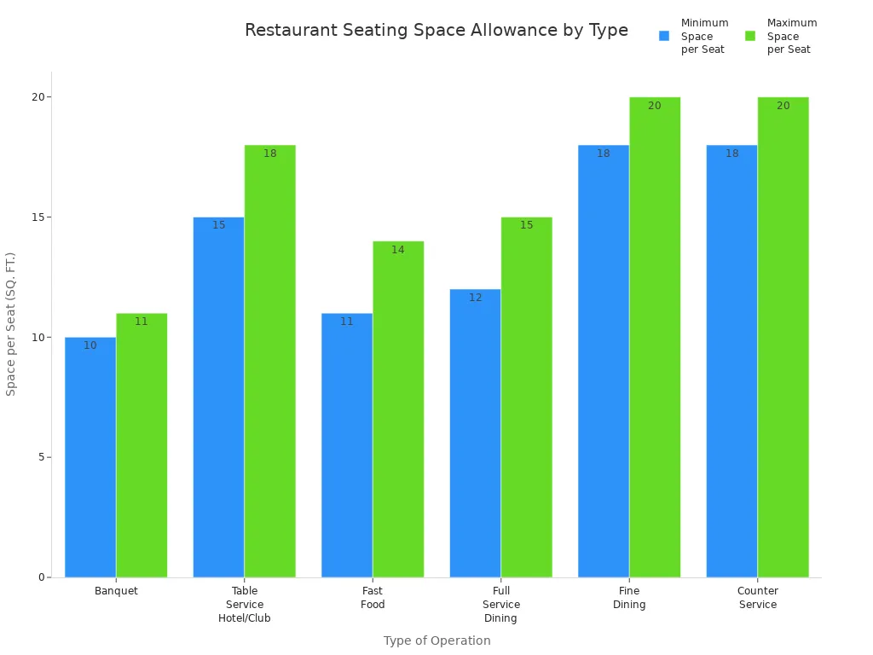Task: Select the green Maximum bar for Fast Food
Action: point(398,409)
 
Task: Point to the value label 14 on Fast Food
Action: point(398,250)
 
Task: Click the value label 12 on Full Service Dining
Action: point(475,298)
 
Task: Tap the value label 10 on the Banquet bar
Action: point(90,345)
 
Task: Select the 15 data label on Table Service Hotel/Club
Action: point(218,225)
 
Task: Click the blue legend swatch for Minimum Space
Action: point(664,36)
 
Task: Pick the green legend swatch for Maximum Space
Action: point(750,36)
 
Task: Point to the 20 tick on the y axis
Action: point(37,97)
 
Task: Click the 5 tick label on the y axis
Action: point(39,457)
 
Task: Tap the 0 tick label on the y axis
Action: point(40,577)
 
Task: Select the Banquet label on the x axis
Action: point(116,591)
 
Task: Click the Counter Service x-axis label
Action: point(757,598)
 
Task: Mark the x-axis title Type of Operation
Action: point(436,641)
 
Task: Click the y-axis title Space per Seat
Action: point(11,323)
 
